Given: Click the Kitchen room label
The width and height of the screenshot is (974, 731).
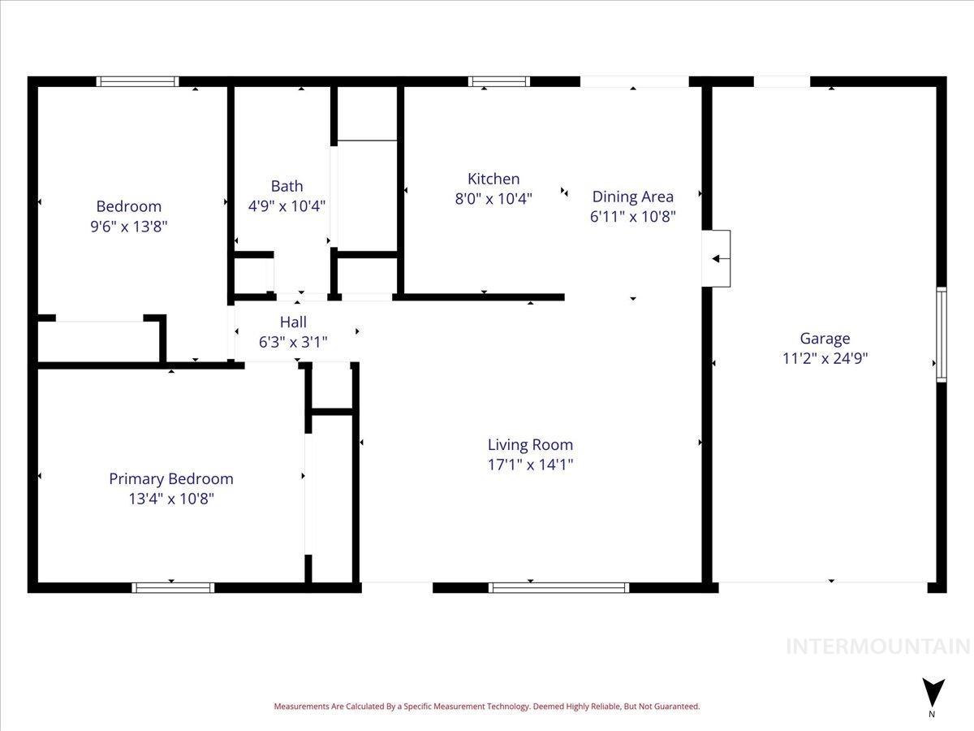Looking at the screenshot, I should (x=493, y=179).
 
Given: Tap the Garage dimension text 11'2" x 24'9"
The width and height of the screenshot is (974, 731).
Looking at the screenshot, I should (x=825, y=358).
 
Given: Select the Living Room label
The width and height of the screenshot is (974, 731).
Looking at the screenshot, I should (x=530, y=444).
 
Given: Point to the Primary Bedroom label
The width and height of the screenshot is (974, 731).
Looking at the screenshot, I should (x=171, y=478).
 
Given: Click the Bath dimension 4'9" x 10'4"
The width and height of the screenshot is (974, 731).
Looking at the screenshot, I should (x=287, y=206).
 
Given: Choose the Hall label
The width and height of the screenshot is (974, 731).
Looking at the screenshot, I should (x=293, y=322).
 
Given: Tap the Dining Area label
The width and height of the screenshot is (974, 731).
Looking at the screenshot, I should (x=632, y=197).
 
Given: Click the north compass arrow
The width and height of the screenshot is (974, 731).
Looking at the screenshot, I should (x=933, y=692).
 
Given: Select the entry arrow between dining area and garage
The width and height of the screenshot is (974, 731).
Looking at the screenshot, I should (x=718, y=259).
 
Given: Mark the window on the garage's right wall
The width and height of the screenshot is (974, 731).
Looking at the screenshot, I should (x=942, y=335).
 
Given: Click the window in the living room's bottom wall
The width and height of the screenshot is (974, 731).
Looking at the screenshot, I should (x=559, y=587).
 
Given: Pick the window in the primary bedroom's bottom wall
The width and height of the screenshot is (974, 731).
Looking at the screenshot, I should (x=173, y=587).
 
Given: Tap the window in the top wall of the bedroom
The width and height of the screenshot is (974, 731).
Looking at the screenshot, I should (x=137, y=81).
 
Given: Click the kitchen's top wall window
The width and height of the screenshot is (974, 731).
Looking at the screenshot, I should (x=499, y=81).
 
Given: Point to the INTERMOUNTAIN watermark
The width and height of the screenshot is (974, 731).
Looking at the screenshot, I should (x=878, y=647).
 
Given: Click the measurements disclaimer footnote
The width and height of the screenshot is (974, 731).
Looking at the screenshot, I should (x=486, y=707).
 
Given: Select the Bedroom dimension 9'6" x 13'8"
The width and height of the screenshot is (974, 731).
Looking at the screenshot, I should (x=129, y=226).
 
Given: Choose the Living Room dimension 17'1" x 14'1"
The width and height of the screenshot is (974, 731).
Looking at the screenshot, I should (x=530, y=465).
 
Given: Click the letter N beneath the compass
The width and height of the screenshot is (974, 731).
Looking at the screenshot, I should (x=932, y=715).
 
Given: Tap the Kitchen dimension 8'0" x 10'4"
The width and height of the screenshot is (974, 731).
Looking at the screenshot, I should (x=493, y=199).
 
